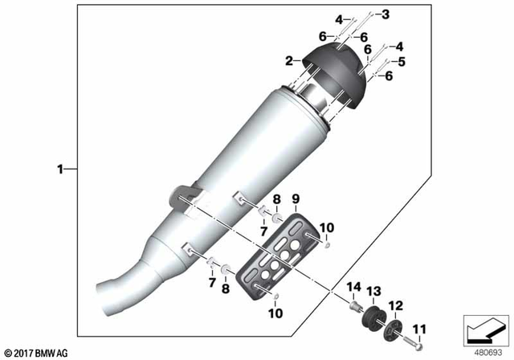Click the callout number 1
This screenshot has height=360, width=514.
pyautogui.click(x=59, y=170)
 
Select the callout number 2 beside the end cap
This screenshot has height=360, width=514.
pyautogui.click(x=288, y=61)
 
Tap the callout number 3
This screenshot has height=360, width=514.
pyautogui.click(x=385, y=14)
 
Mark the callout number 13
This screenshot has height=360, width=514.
pyautogui.click(x=372, y=290)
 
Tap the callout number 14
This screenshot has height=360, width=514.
pyautogui.click(x=353, y=287)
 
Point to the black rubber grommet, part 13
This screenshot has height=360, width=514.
pyautogui.click(x=373, y=315)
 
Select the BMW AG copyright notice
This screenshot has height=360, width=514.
pyautogui.click(x=38, y=353)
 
